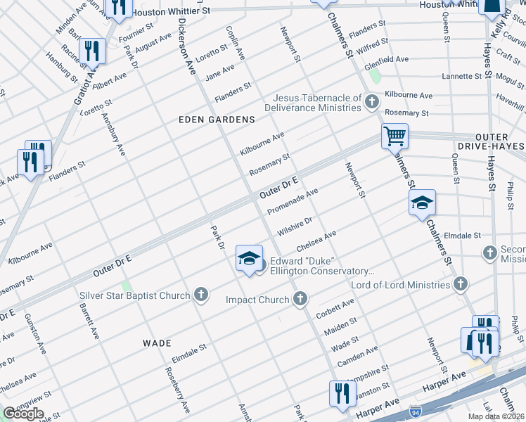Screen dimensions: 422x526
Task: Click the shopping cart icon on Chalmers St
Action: tap(394, 135)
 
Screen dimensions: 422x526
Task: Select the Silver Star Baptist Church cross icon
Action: tap(201, 295)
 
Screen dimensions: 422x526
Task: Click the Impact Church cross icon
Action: tap(300, 300)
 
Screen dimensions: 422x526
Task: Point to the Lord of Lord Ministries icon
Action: tap(460, 285)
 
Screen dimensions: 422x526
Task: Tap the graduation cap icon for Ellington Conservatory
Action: tap(249, 258)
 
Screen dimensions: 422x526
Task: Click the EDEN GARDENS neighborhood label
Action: tap(222, 120)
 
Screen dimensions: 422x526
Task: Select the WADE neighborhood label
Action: tap(157, 343)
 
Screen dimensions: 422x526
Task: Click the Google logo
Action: tap(23, 413)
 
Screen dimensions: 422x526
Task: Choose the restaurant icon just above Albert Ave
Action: tap(92, 51)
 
